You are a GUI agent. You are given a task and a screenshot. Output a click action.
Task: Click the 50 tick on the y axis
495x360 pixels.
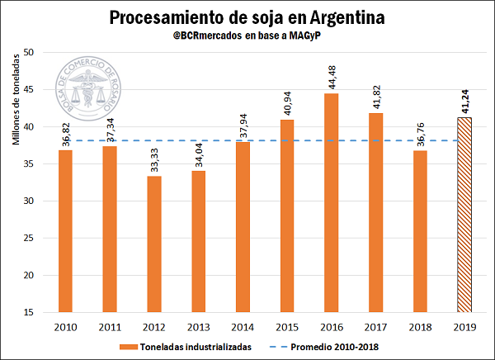[28, 52]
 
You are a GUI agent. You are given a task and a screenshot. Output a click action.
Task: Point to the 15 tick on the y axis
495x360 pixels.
[28, 312]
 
